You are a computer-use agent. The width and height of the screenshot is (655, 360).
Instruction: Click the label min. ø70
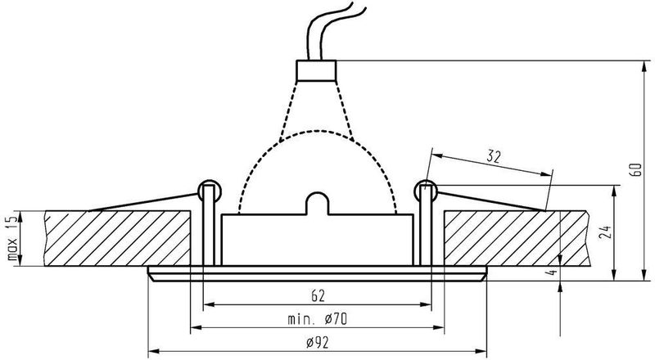point(316,317)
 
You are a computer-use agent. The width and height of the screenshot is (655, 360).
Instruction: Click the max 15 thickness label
point(11,238)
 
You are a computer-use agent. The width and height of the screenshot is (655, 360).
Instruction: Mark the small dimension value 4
point(555,272)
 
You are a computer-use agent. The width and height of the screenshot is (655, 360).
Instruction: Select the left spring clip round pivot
point(210,190)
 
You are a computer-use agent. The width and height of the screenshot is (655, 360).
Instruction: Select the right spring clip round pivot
point(424,190)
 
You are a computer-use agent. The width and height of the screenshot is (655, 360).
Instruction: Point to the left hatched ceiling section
point(115,238)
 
